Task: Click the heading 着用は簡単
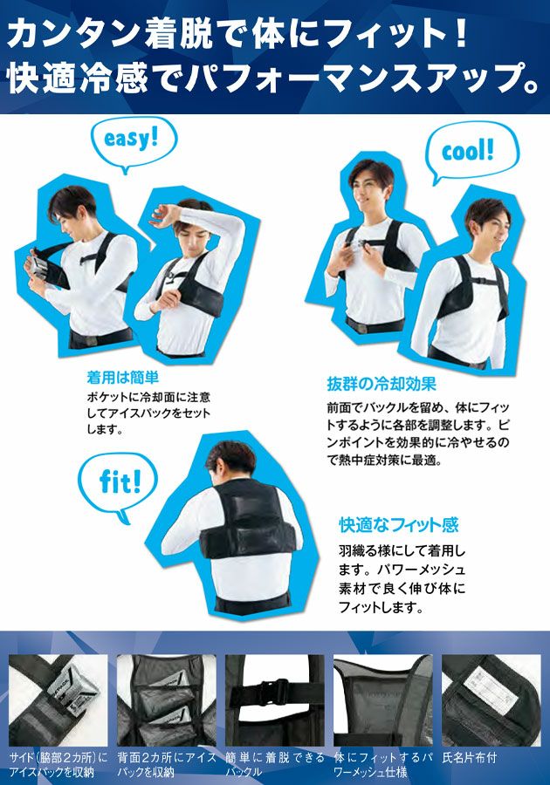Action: coord(123,377)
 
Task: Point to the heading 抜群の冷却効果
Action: coord(382,384)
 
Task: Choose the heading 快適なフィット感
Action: coord(399,525)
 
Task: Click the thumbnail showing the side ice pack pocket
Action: coord(58,700)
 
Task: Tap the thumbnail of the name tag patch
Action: coord(491,700)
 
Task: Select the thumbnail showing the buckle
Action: coord(274,700)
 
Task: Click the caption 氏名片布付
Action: coord(469,758)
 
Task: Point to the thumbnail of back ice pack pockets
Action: coord(166,700)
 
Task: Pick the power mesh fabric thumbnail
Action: coord(382,700)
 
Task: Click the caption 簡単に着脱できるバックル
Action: coord(274,764)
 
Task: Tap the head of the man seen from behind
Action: coord(230,461)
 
